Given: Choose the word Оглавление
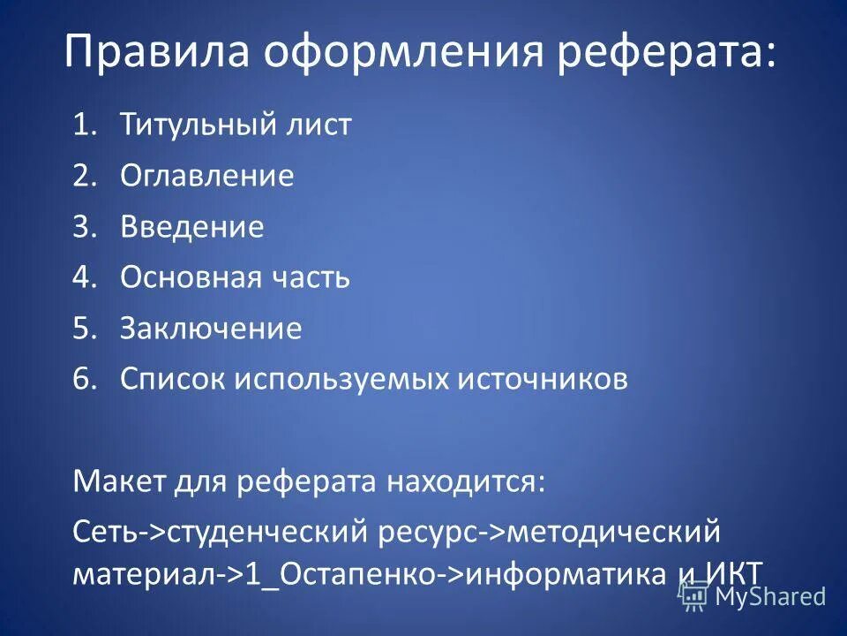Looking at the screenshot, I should (207, 176).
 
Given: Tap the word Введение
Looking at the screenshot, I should (192, 227).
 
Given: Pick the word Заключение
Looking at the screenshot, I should (211, 329).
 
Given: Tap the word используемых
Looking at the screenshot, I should (341, 379).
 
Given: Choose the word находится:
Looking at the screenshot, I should (465, 482).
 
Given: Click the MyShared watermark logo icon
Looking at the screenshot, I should (693, 596).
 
